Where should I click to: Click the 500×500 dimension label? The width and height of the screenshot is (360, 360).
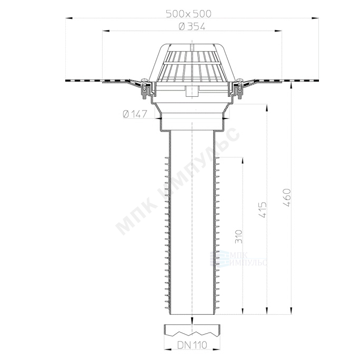[x=188, y=14]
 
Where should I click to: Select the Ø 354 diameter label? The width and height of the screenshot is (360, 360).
[x=192, y=27]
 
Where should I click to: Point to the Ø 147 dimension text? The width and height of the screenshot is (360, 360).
[x=135, y=114]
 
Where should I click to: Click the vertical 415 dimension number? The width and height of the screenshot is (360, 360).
[x=263, y=209]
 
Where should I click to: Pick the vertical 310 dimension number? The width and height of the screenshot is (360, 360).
[x=239, y=236]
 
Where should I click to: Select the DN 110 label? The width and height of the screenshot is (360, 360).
[x=192, y=345]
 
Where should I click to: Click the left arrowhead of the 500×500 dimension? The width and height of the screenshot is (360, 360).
[x=69, y=18]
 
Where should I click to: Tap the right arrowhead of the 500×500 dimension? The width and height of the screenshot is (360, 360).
[x=315, y=18]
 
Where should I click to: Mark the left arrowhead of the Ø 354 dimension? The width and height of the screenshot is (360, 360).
[x=106, y=31]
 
